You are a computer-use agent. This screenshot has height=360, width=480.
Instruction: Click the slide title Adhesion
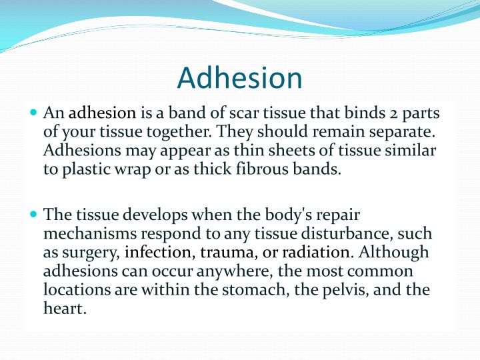(x=240, y=78)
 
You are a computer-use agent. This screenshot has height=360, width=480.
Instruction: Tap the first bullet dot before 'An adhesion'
(x=35, y=113)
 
